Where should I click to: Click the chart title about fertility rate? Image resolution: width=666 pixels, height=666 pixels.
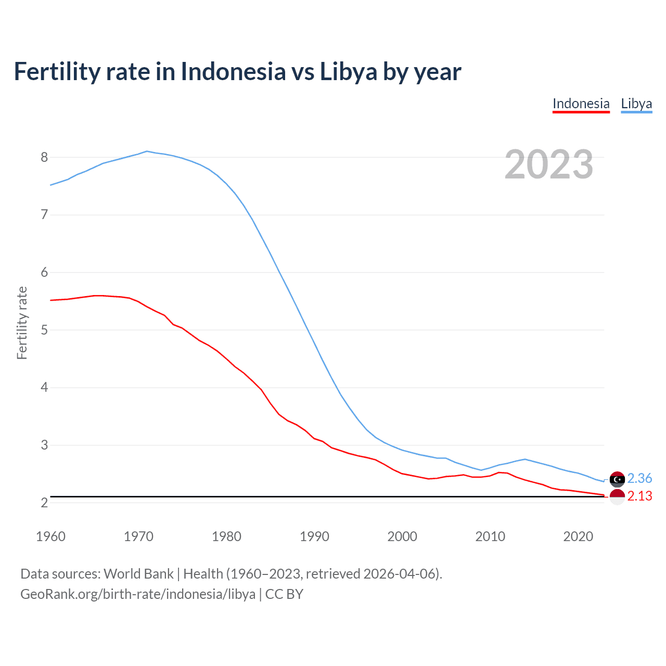(x=237, y=72)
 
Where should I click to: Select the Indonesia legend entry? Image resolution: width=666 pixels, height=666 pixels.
(x=581, y=104)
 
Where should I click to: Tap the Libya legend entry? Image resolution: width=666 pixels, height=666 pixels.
(x=636, y=104)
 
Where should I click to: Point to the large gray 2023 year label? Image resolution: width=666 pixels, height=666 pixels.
(x=548, y=164)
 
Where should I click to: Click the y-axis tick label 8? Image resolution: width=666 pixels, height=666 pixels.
(x=44, y=157)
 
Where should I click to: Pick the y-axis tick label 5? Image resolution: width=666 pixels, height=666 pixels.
(x=44, y=330)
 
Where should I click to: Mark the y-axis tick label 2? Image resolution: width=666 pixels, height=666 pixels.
(x=44, y=503)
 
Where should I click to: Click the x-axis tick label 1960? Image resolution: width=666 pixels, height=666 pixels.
(x=50, y=536)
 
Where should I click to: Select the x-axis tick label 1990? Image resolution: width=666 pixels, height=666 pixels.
(x=314, y=536)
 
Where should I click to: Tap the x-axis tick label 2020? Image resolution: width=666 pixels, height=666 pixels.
(x=578, y=536)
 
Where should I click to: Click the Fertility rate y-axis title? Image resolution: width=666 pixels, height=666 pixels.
(x=22, y=323)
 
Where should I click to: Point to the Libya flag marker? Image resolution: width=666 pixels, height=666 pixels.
(x=617, y=479)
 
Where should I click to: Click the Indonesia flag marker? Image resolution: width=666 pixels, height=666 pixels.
(x=617, y=496)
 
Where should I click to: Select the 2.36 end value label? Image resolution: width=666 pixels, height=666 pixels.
(x=639, y=478)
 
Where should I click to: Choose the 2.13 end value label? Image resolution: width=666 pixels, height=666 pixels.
(x=639, y=496)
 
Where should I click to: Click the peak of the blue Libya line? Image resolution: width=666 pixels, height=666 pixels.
(x=147, y=151)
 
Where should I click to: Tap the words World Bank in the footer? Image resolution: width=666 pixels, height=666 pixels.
(x=138, y=574)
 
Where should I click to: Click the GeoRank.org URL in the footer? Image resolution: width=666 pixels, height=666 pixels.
(x=138, y=594)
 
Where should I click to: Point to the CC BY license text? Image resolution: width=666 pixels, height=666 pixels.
(x=284, y=594)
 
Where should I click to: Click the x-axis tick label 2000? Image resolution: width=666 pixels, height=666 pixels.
(x=402, y=536)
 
